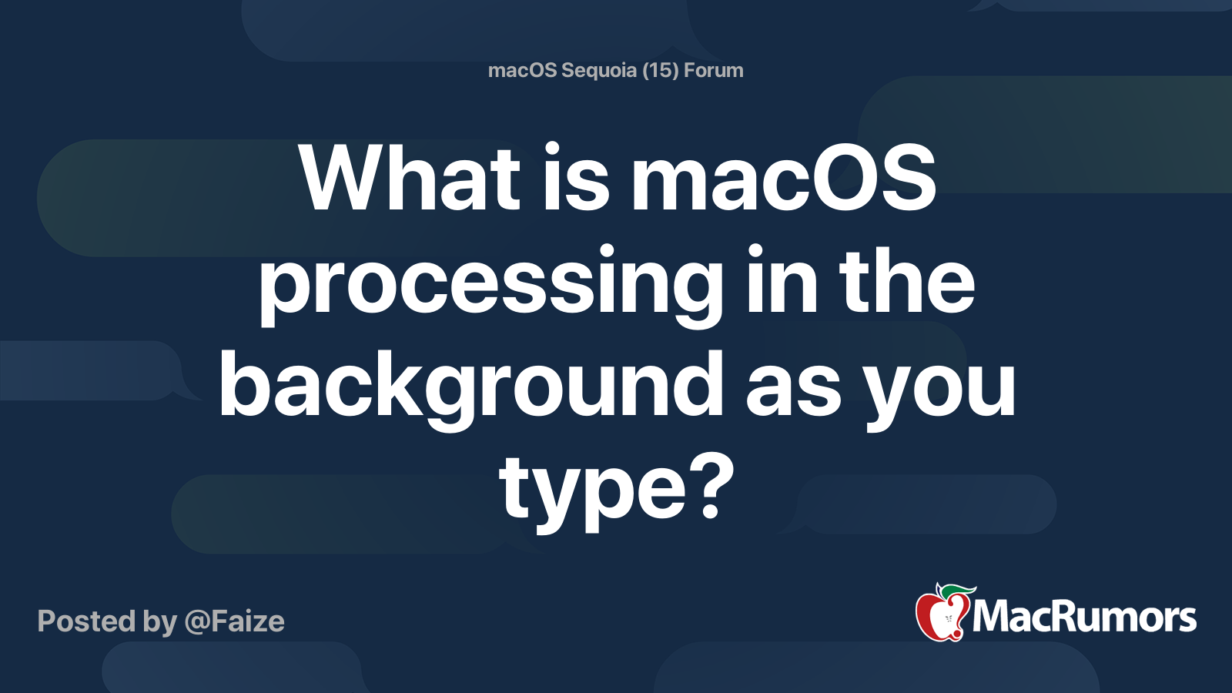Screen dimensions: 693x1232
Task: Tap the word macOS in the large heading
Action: pyautogui.click(x=783, y=179)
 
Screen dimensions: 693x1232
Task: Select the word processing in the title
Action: pyautogui.click(x=490, y=283)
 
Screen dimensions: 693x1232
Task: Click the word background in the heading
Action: pyautogui.click(x=470, y=385)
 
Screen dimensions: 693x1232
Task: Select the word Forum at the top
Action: pyautogui.click(x=714, y=70)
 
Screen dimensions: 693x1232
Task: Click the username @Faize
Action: pyautogui.click(x=234, y=621)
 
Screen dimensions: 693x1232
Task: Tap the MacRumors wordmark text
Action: pyautogui.click(x=1084, y=618)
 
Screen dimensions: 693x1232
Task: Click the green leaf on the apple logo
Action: pyautogui.click(x=955, y=591)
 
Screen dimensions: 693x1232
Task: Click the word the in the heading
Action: pyautogui.click(x=906, y=282)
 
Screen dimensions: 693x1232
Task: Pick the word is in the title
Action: pyautogui.click(x=576, y=179)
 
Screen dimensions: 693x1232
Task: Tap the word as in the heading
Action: pyautogui.click(x=793, y=389)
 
